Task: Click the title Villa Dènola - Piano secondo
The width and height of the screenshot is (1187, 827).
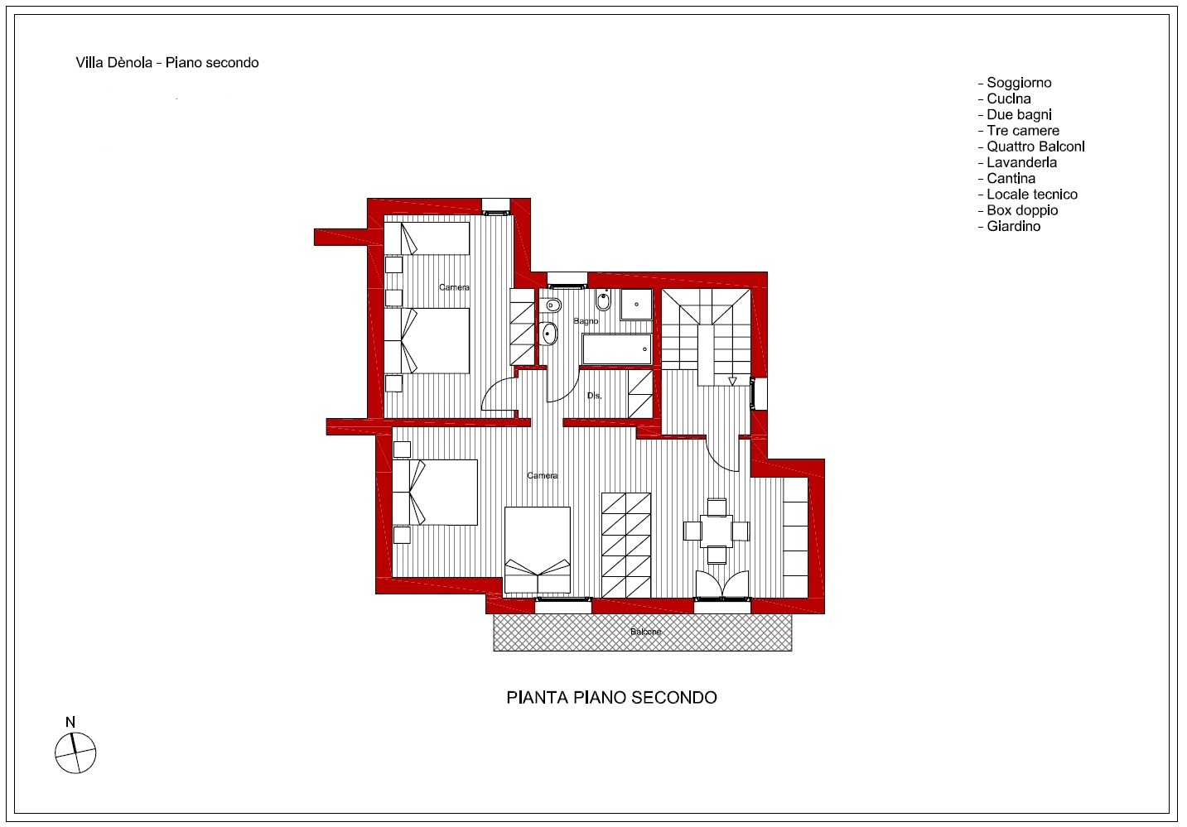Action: coord(167,62)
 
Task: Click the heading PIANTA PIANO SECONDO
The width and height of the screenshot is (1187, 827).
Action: coord(611,697)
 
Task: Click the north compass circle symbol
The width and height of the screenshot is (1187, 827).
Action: coord(75,752)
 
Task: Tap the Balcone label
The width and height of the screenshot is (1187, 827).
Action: coord(645,632)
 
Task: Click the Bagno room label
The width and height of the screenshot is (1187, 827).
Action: coord(586,321)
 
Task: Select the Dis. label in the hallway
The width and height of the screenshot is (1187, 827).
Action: coord(594,396)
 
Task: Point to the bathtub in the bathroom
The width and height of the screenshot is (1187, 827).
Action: coord(616,349)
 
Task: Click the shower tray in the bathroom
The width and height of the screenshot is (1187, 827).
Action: coord(636,305)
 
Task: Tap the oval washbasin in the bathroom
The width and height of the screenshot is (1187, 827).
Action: coord(550,334)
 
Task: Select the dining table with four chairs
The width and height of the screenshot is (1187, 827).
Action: coord(716,531)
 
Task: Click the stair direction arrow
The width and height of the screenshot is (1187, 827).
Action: coord(732,381)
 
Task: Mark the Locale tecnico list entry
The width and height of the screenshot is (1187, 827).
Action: coord(1027,195)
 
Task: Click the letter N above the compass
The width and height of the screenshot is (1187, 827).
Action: coord(70,722)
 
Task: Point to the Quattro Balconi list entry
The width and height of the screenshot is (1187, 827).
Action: coord(1031,147)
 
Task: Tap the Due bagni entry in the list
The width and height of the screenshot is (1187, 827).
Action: coord(1015,115)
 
